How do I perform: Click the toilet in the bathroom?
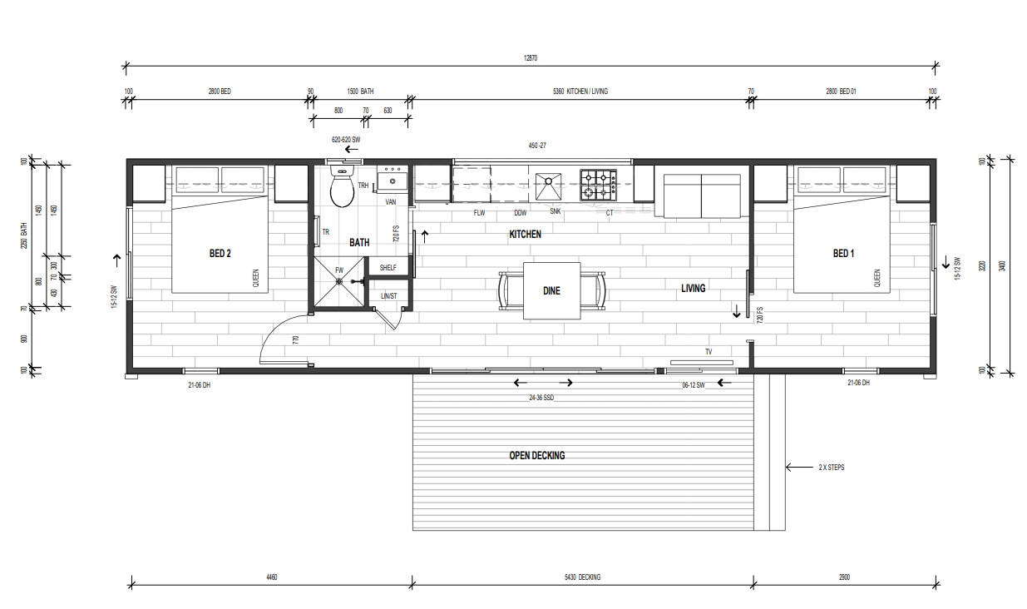[342, 186]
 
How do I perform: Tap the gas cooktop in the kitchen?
[598, 186]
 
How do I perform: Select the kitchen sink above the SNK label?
[548, 186]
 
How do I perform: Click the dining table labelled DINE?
[552, 290]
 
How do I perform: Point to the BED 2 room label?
[220, 253]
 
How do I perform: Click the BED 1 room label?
[843, 253]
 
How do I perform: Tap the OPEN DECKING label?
[537, 455]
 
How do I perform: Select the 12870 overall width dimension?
[531, 58]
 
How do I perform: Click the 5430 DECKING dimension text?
[582, 577]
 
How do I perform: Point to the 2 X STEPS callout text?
[832, 468]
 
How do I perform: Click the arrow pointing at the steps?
[800, 468]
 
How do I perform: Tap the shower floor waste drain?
[339, 281]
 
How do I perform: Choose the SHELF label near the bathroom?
[388, 268]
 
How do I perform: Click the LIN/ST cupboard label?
[389, 296]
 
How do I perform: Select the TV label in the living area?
[709, 352]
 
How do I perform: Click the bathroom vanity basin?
[393, 181]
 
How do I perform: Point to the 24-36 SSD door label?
[541, 398]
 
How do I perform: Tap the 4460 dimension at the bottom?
[272, 577]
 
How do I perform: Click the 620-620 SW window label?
[346, 140]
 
